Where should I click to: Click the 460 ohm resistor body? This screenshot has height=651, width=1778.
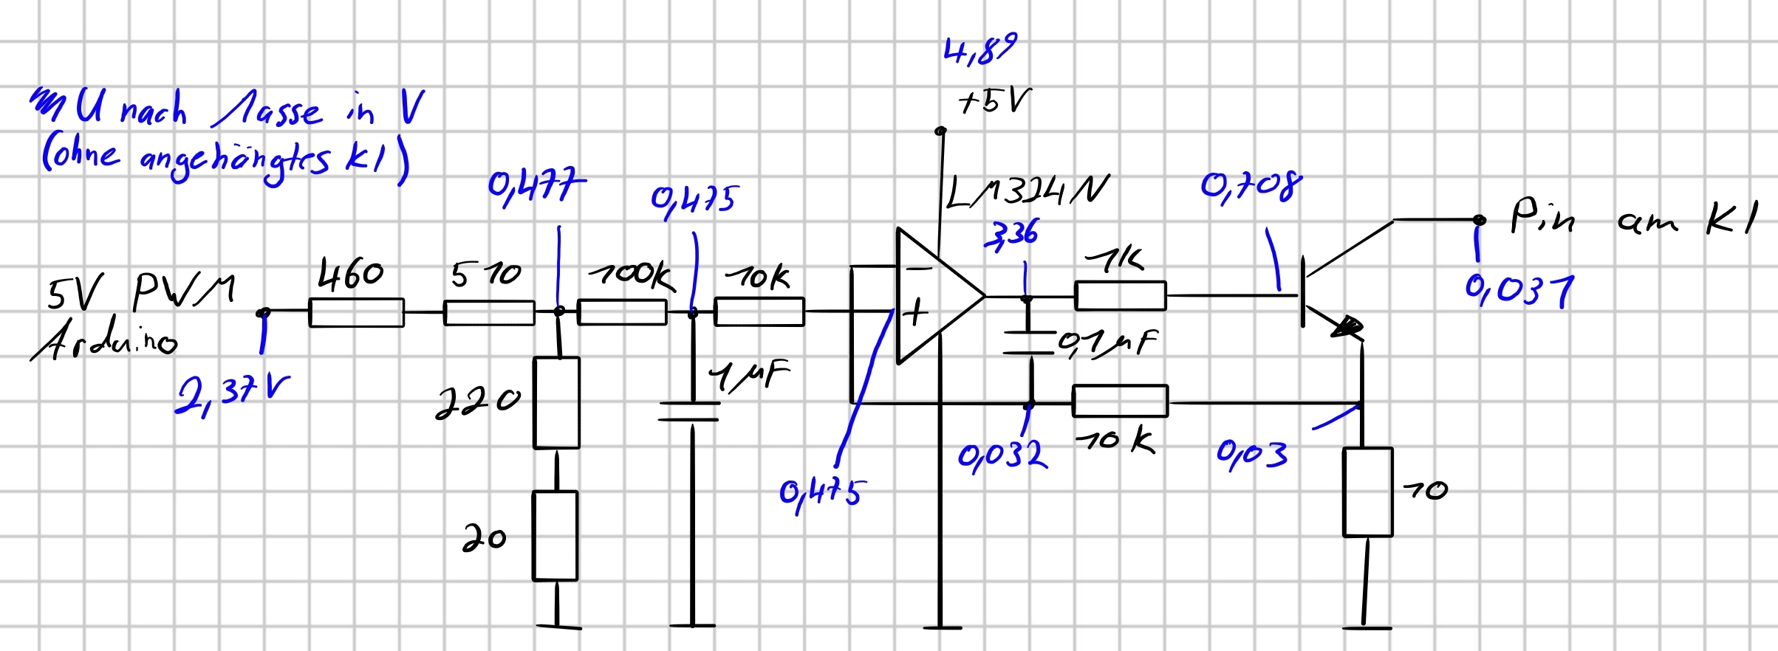[356, 312]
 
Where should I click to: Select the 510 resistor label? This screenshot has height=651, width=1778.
[486, 275]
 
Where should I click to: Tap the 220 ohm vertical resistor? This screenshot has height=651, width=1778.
[556, 403]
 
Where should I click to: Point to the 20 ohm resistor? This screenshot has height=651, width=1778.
[555, 536]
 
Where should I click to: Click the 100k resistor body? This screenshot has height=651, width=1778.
[621, 312]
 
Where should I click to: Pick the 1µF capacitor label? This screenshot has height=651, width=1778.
[749, 375]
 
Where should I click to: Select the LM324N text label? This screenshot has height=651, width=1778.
[1027, 192]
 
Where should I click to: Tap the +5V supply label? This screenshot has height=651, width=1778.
[994, 102]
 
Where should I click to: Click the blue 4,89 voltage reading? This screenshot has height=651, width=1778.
[979, 49]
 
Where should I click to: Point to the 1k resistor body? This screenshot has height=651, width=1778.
[1120, 296]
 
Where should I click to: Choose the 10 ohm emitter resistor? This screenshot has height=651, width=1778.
[1367, 492]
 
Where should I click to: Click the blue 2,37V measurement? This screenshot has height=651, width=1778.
[231, 395]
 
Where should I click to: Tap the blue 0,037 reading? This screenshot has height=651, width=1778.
[1519, 289]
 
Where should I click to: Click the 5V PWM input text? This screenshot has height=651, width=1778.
[140, 291]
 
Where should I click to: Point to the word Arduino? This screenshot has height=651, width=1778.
[103, 342]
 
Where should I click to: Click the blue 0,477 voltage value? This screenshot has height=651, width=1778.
[536, 185]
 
